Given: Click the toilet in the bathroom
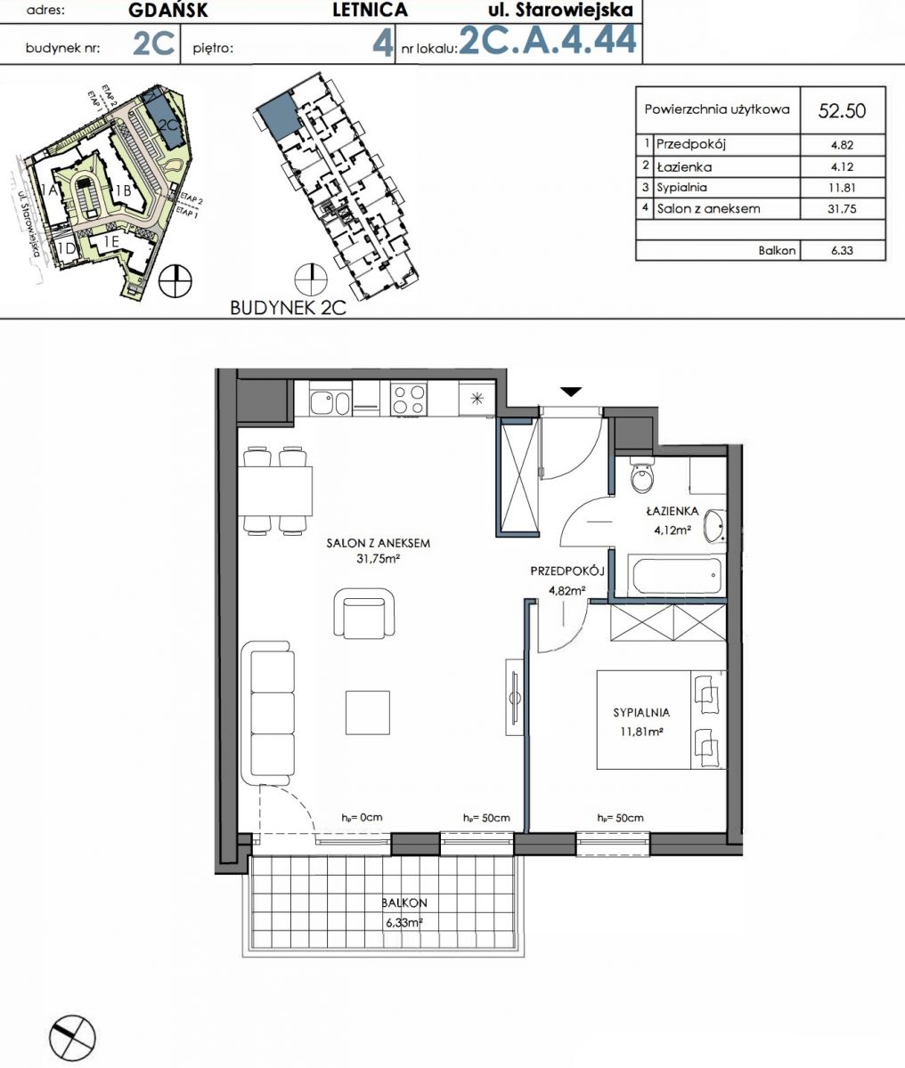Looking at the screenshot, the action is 642,475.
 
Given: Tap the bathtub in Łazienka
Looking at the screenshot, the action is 677,575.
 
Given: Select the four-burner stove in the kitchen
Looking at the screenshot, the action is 409,399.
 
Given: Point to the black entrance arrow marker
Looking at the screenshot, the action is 571,392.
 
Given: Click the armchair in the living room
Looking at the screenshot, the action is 364,613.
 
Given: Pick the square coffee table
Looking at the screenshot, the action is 368,713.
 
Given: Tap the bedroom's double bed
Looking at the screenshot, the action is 662,720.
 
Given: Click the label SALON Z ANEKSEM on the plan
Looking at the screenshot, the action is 378,543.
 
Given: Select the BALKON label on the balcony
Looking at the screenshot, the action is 404,902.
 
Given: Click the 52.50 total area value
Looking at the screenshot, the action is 842,110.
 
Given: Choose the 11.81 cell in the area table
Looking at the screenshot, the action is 842,188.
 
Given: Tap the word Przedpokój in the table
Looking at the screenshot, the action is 691,144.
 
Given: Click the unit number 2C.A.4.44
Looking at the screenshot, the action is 548,40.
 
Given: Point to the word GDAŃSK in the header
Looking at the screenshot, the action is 168,11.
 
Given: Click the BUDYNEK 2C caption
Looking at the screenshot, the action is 288,308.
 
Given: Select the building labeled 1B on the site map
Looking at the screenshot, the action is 123,190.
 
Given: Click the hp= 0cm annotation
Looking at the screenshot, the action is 362,817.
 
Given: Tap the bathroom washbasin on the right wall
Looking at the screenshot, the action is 714,526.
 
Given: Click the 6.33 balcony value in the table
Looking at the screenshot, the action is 842,251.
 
